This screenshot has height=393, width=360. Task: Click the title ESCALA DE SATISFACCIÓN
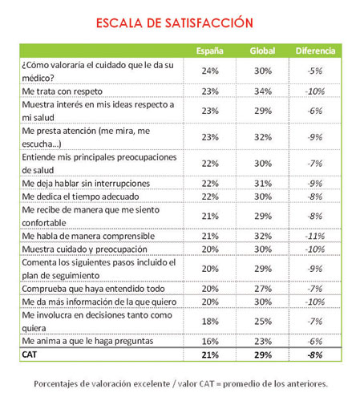tap(175, 22)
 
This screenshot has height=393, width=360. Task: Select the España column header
tap(210, 51)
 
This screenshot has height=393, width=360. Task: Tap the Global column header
tap(262, 51)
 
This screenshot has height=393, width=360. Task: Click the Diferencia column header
tap(315, 51)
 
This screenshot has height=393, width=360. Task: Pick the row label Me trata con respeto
tap(63, 91)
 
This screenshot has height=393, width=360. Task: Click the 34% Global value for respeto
tap(263, 91)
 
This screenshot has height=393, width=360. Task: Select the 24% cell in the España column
tap(210, 71)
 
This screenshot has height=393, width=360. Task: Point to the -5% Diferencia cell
tap(315, 71)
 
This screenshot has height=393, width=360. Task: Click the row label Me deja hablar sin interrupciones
tap(86, 184)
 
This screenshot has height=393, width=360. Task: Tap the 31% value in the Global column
tap(263, 184)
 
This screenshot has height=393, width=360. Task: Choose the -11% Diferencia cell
tap(315, 236)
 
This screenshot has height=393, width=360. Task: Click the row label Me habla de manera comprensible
tap(88, 236)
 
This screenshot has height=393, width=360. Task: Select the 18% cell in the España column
tap(210, 322)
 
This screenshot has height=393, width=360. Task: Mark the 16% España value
tap(210, 342)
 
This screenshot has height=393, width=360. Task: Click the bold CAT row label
tap(30, 355)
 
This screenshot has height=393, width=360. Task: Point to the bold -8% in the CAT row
tap(315, 355)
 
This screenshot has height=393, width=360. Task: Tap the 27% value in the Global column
tap(263, 289)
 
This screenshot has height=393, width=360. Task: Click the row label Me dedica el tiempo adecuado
tap(80, 196)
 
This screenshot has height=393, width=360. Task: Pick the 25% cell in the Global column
tap(263, 322)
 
